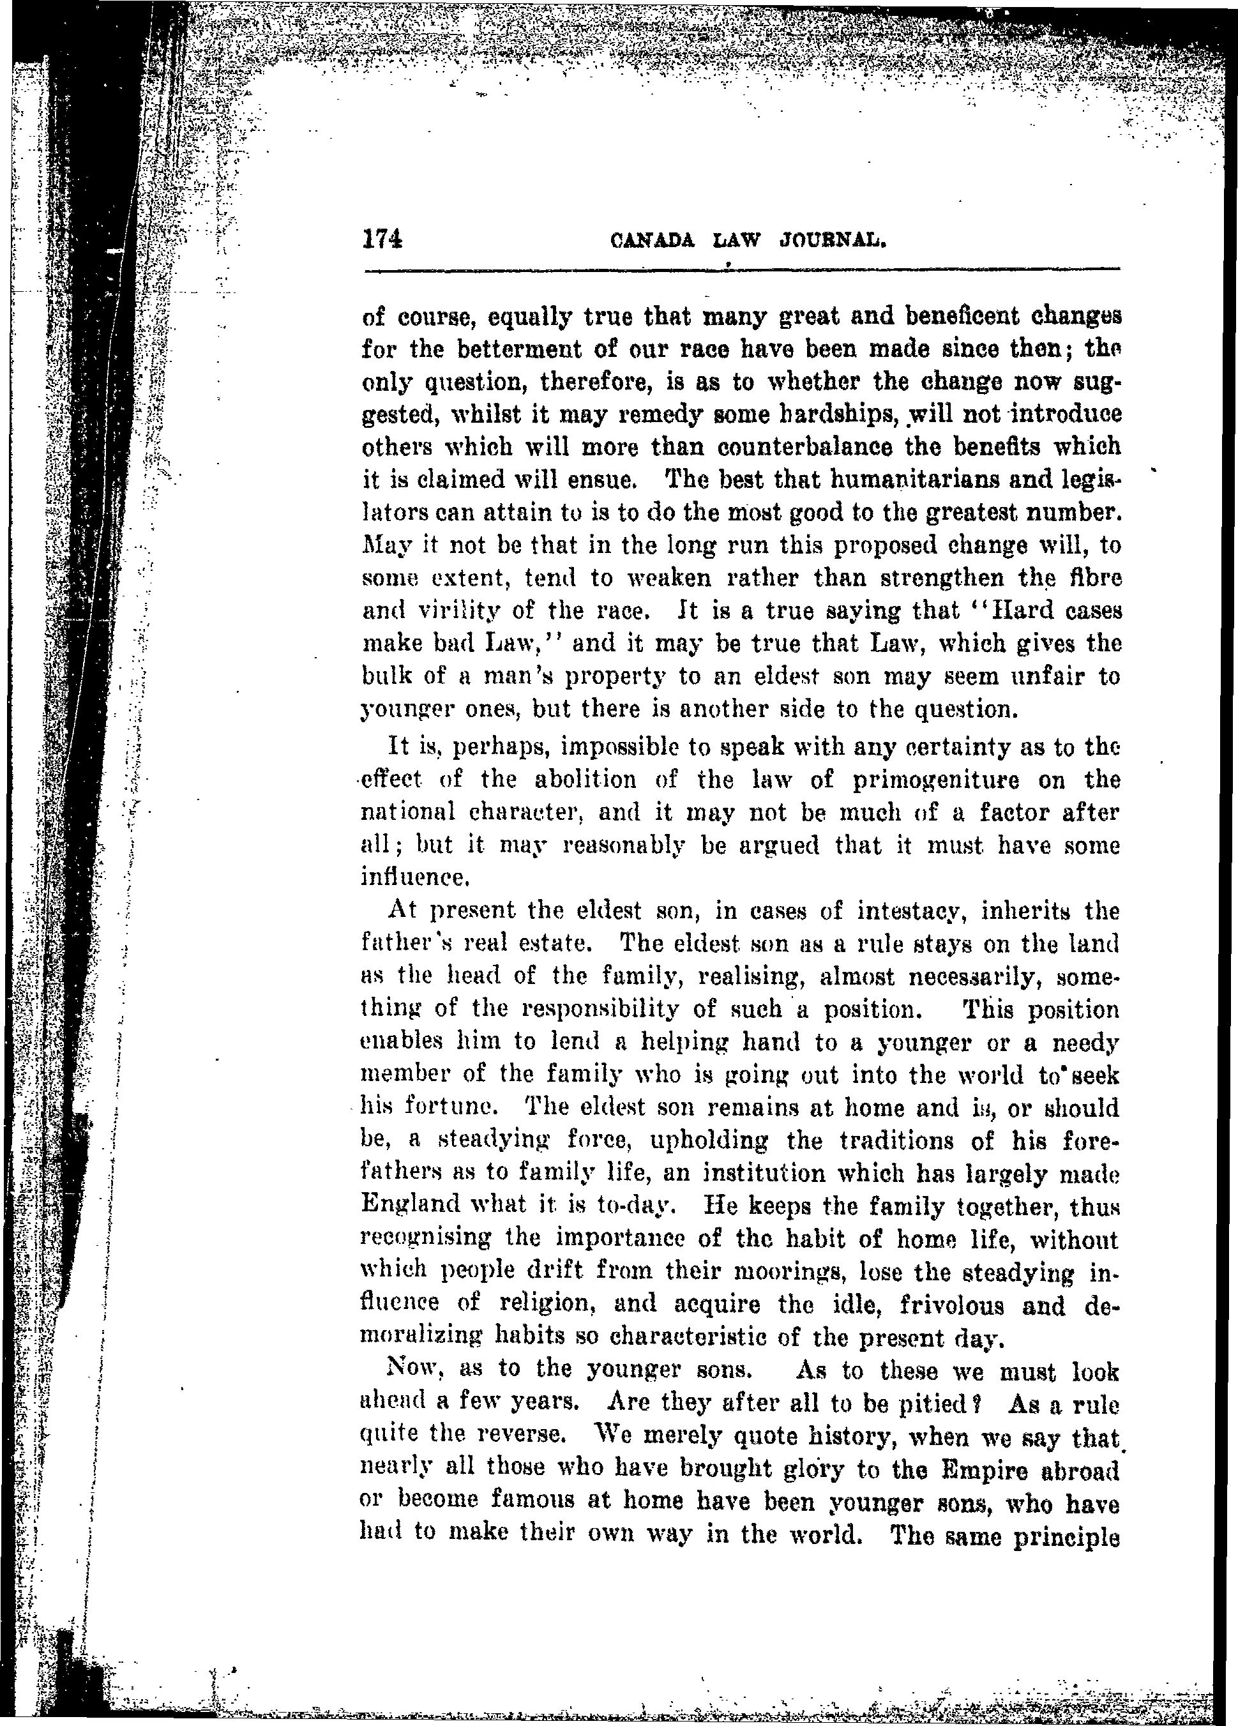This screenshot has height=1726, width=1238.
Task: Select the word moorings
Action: tap(813, 1271)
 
